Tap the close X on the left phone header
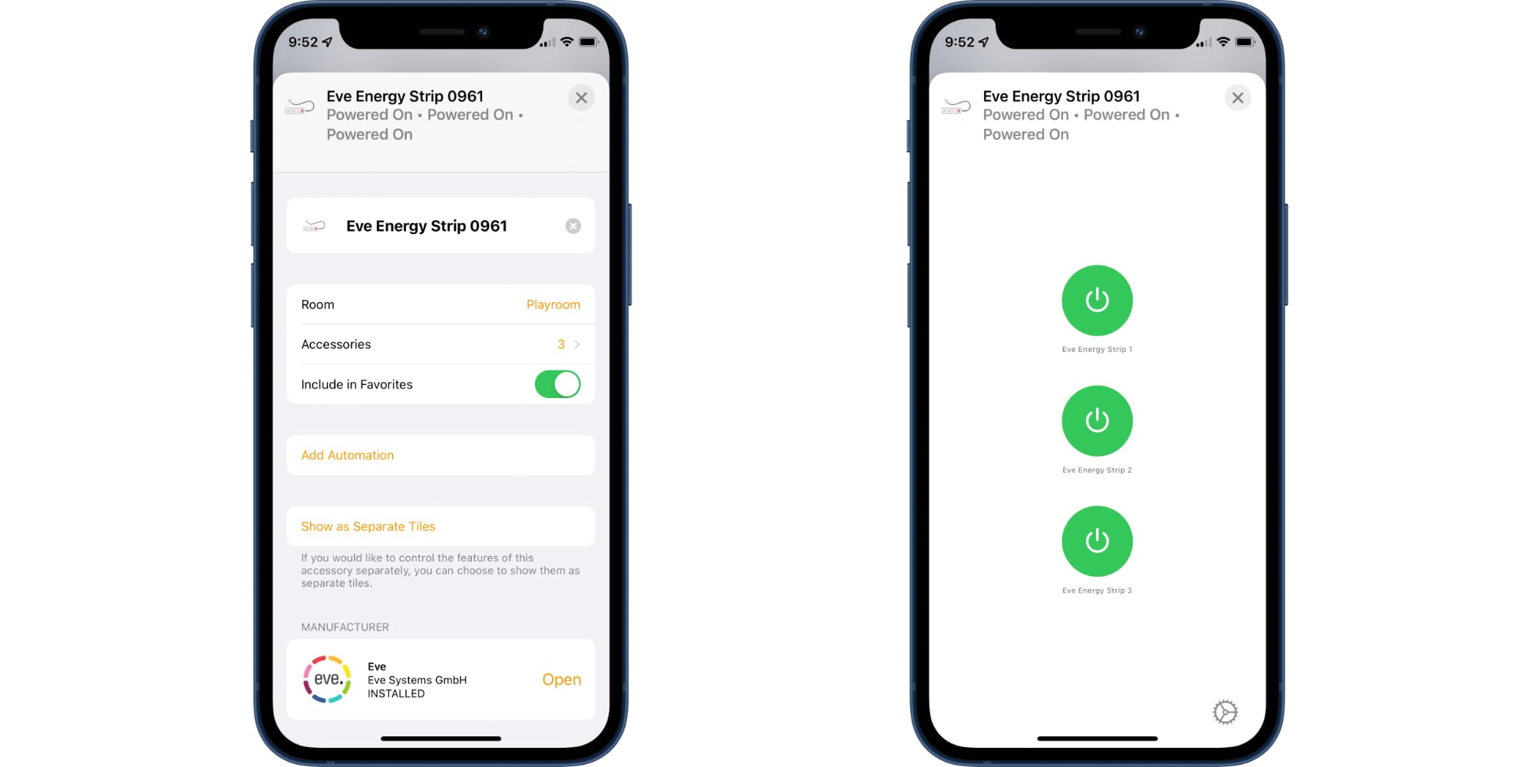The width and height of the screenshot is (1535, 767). pos(581,98)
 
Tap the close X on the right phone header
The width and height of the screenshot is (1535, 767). pos(1237,98)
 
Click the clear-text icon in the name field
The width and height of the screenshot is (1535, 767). pos(573,226)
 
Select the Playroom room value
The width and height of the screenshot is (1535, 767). pos(553,304)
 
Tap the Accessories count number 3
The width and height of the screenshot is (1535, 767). pos(561,344)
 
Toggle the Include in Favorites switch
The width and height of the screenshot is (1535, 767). pos(557,384)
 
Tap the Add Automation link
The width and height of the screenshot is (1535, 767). pos(348,455)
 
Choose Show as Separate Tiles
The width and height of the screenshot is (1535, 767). pos(368,526)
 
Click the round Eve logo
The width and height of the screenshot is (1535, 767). pos(327,680)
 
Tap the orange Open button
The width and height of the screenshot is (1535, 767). pos(561,680)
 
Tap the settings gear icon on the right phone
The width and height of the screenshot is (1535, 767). pos(1225,713)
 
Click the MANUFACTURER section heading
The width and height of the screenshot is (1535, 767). pos(345,627)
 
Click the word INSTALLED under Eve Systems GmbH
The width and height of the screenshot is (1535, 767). pos(396,693)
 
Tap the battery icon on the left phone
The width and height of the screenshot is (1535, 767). pos(588,42)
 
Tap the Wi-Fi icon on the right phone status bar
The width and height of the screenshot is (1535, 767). pos(1223,41)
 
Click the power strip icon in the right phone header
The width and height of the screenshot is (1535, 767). pos(956,107)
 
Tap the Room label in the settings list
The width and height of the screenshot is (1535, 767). pos(318,304)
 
